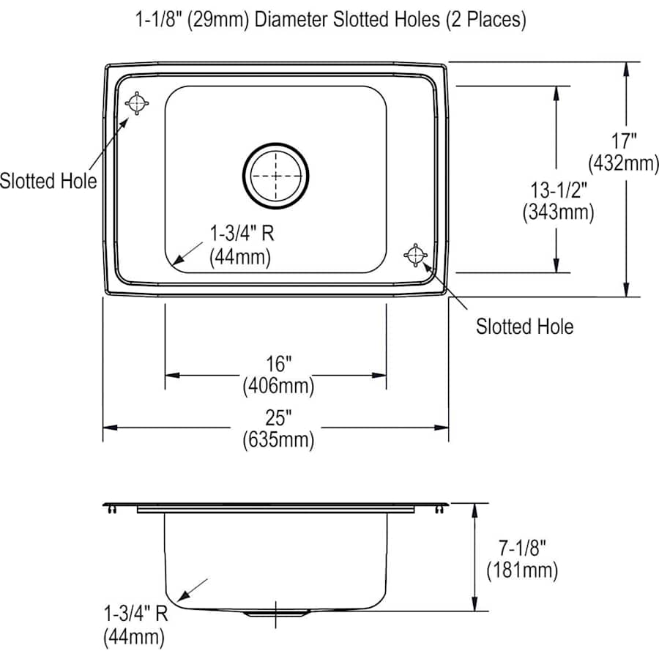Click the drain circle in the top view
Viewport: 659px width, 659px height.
(276, 174)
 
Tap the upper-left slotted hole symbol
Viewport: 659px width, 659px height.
(137, 104)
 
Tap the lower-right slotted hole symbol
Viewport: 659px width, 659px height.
(414, 254)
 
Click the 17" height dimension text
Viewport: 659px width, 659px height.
(625, 140)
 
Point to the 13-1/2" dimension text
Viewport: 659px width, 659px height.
(558, 190)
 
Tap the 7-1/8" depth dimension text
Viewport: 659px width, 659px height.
(521, 546)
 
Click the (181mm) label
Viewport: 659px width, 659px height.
(522, 569)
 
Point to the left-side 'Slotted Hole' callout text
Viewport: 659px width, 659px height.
(48, 180)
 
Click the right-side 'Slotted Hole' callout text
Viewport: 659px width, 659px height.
(525, 326)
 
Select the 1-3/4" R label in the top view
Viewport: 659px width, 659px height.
(241, 234)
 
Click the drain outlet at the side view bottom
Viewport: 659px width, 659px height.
(275, 611)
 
